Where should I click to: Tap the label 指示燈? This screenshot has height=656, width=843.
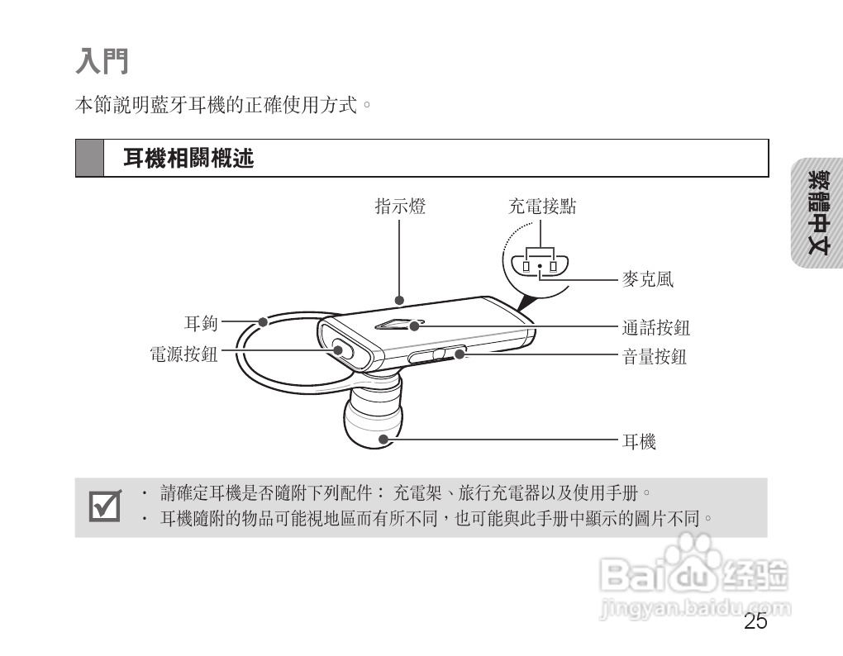pos(400,207)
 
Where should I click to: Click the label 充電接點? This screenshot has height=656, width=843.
pos(541,207)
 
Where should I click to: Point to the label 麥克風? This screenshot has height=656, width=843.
pos(647,279)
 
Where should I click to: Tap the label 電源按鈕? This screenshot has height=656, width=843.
pos(183,354)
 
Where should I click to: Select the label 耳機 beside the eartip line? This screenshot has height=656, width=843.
pos(639,442)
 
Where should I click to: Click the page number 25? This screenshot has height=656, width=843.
pos(755,622)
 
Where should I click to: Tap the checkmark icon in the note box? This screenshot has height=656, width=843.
pos(105,506)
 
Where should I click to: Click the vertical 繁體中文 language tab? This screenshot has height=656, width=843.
pos(818,212)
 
